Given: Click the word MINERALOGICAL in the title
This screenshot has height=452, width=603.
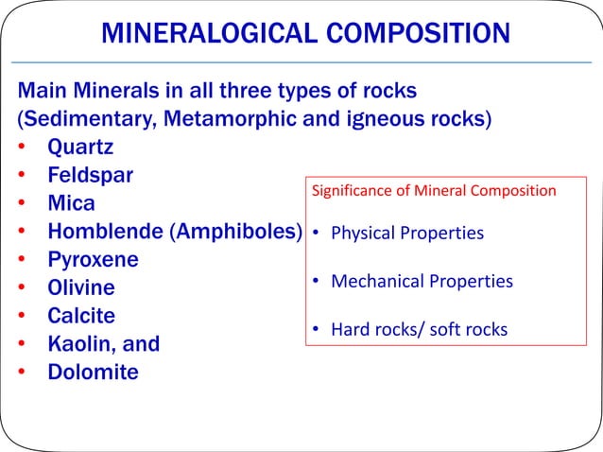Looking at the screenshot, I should [x=200, y=36].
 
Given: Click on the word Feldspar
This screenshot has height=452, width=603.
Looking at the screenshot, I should [x=91, y=176].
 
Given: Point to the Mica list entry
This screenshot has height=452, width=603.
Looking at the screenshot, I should [x=72, y=204].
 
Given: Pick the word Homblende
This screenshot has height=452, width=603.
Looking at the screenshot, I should [x=110, y=232].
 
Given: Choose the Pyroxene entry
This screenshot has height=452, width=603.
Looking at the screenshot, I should [x=94, y=260].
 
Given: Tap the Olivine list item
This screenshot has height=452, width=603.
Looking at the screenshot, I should [x=81, y=287].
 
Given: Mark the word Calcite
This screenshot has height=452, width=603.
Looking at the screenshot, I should [x=83, y=316].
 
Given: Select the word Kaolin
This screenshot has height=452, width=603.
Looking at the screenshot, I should [x=80, y=343].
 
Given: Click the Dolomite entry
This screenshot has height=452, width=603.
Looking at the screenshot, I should [x=93, y=372].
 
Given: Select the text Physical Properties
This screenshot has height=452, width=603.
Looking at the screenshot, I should [x=406, y=233].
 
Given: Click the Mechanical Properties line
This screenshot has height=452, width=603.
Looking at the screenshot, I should [x=422, y=282].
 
